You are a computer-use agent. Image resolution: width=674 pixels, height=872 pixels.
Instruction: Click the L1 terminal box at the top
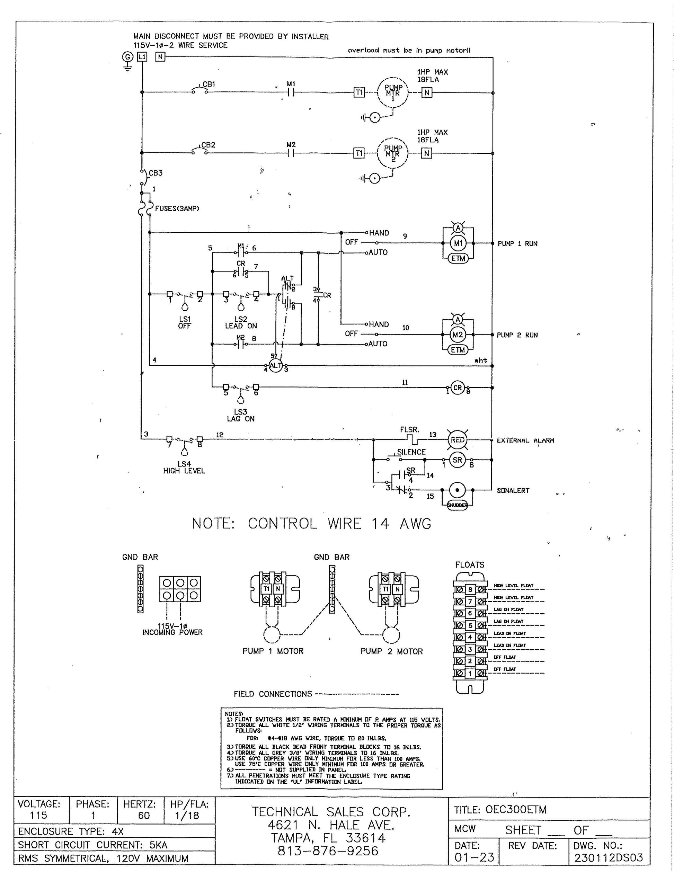coord(142,57)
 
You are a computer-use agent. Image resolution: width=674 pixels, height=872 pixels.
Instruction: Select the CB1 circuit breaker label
coord(209,84)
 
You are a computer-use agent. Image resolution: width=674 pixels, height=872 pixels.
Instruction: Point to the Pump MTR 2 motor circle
coord(392,153)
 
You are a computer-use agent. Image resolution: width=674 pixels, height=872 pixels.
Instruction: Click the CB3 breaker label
coord(156,173)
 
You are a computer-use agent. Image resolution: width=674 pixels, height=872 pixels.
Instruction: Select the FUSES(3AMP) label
coord(177,208)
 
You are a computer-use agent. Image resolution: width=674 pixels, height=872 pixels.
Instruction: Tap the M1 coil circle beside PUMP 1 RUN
coord(458,243)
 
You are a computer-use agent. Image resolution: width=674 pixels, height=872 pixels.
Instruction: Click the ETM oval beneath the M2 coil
coord(458,350)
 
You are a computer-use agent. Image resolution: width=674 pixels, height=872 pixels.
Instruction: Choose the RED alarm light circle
coord(458,440)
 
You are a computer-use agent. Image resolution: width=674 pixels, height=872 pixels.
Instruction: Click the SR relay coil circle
coord(458,460)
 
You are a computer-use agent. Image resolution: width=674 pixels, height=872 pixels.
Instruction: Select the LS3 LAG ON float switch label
coord(241,415)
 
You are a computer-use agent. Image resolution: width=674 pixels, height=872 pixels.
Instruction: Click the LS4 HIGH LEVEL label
coord(184,467)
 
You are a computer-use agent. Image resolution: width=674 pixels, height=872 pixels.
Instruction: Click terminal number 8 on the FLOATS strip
coord(470,589)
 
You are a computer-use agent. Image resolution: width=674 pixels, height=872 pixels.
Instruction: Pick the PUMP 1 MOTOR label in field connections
coord(273,651)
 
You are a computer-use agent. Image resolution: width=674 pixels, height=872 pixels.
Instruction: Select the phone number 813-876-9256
coord(328,851)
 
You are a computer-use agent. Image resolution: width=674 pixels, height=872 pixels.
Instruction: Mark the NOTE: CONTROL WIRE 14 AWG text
coord(311,523)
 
